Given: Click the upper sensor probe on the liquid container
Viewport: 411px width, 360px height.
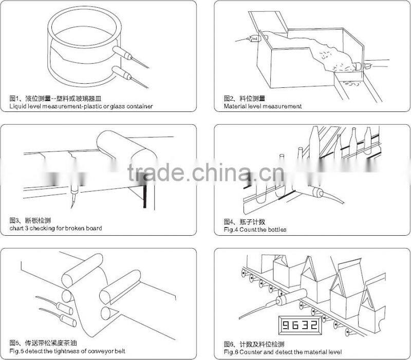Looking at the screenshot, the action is pos(130,57).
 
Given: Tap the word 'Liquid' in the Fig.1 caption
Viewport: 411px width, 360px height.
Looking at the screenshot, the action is pos(17,106).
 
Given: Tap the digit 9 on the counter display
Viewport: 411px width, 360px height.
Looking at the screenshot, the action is pos(286,325).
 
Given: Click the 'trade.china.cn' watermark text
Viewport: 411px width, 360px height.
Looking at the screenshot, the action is pos(206,173).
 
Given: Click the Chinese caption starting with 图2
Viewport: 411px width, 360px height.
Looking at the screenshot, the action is pos(245,99).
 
